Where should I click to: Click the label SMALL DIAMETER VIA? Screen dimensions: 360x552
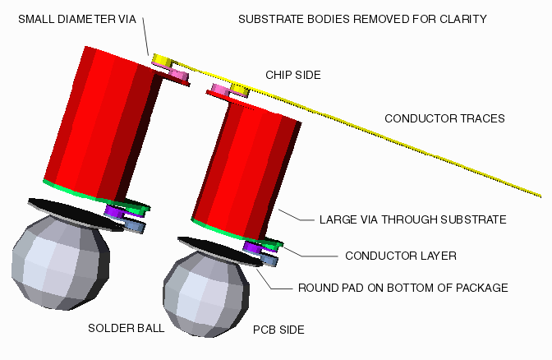point(76,19)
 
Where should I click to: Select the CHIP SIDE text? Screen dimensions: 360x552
point(292,75)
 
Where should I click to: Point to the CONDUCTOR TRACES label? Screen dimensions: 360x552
point(444,118)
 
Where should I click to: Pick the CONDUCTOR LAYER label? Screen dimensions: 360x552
point(400,256)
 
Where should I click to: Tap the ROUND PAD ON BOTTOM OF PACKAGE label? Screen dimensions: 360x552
point(402,288)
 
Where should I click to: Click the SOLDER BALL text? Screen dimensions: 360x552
point(126,328)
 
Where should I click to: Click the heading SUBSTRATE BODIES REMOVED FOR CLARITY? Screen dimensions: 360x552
point(362,19)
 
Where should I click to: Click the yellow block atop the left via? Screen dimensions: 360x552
point(162,60)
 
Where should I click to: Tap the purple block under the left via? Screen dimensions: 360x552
point(113,212)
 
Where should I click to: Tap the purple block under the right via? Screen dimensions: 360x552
point(252,247)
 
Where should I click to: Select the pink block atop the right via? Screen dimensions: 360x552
point(221,89)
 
